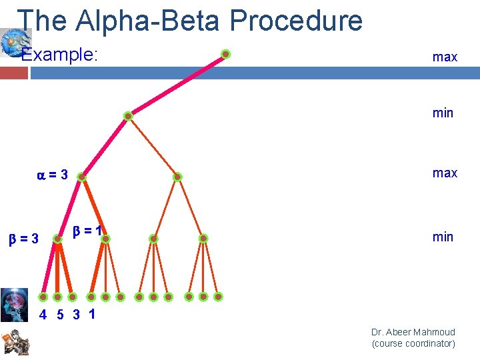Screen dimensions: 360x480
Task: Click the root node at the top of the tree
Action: pyautogui.click(x=226, y=54)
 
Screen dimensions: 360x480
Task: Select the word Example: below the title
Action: pyautogui.click(x=60, y=55)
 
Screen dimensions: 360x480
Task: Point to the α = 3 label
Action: pyautogui.click(x=52, y=175)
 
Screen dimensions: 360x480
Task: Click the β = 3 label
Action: pyautogui.click(x=23, y=238)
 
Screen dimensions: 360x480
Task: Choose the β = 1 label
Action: pyautogui.click(x=87, y=231)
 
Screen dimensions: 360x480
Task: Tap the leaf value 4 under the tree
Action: pyautogui.click(x=43, y=315)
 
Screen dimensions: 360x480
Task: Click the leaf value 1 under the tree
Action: pyautogui.click(x=91, y=314)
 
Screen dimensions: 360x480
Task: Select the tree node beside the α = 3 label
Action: pyautogui.click(x=81, y=177)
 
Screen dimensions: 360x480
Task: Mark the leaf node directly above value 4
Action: pyautogui.click(x=43, y=297)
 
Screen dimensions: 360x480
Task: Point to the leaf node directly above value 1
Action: pyautogui.click(x=91, y=297)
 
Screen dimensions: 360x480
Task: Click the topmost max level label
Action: pyautogui.click(x=445, y=57)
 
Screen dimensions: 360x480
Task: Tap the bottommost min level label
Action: pyautogui.click(x=443, y=237)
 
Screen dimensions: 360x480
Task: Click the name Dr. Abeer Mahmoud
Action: pyautogui.click(x=413, y=332)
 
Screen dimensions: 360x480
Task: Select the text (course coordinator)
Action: pyautogui.click(x=413, y=344)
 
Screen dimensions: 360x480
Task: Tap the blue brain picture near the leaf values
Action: pyautogui.click(x=14, y=305)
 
